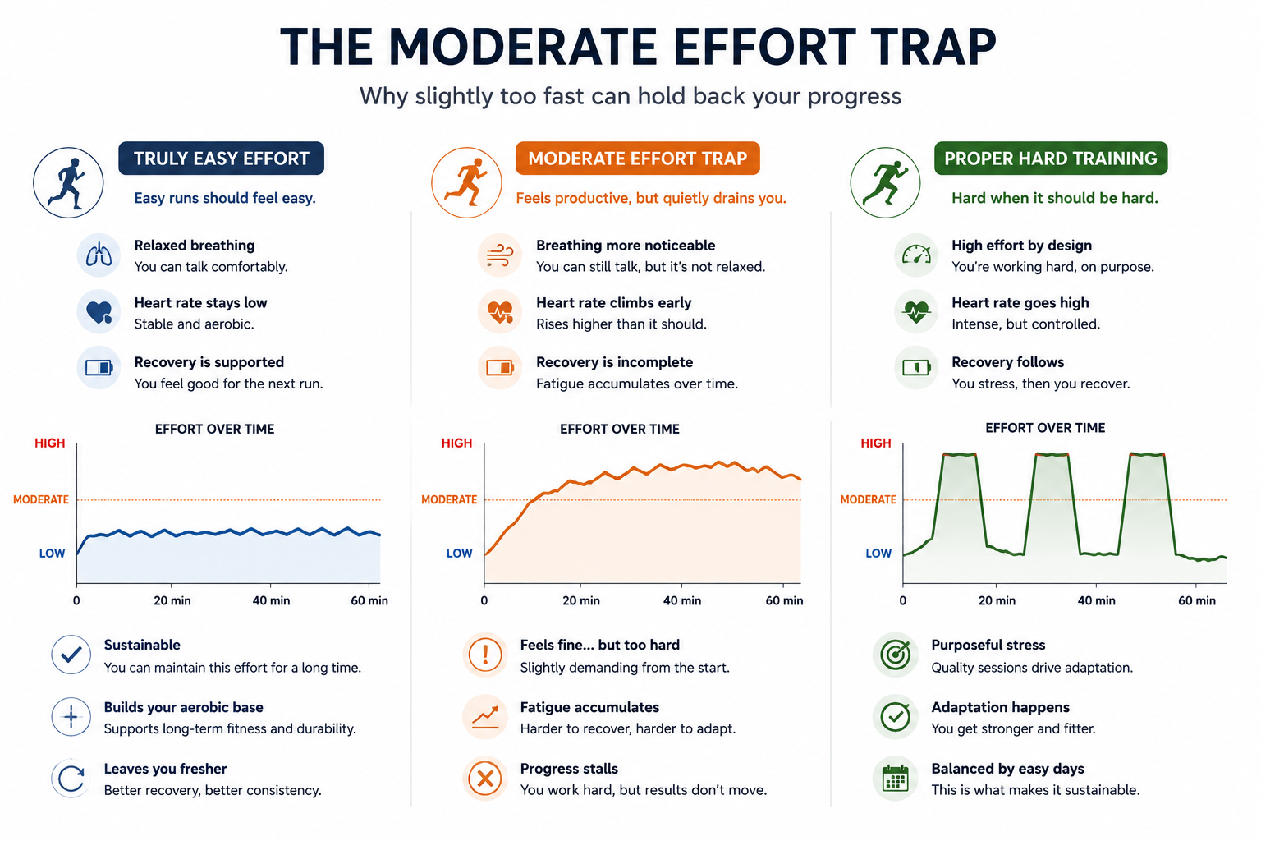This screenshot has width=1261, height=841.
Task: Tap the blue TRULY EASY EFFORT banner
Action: [x=221, y=159]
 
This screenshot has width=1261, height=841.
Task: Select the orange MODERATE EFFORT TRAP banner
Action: [x=637, y=159]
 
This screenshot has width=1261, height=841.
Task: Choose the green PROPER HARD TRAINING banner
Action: [x=1051, y=159]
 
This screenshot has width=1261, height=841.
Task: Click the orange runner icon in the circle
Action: [x=466, y=182]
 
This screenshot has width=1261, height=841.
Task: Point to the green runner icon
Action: [x=885, y=182]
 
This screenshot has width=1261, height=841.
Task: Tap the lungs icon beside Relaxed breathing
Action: [x=99, y=255]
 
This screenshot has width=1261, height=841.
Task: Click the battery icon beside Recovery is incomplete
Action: [x=500, y=368]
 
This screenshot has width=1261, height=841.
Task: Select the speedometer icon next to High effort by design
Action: [x=916, y=255]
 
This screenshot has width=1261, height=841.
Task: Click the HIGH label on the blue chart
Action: [x=49, y=443]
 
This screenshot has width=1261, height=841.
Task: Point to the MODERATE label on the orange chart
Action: [x=449, y=499]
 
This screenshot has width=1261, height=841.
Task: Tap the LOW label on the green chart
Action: [x=878, y=554]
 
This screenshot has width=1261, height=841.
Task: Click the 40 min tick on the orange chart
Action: [x=681, y=600]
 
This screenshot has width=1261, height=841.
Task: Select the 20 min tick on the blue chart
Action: [x=172, y=600]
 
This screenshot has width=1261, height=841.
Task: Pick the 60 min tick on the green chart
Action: [x=1197, y=600]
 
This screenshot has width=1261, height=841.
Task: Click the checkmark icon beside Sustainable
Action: [x=71, y=655]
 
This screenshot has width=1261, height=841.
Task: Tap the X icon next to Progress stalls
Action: [x=484, y=779]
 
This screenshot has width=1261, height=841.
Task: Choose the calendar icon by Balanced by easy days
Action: [x=895, y=779]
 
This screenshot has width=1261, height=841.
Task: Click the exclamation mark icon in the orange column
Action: [x=484, y=655]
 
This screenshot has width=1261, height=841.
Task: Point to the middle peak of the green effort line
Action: [x=1052, y=454]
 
